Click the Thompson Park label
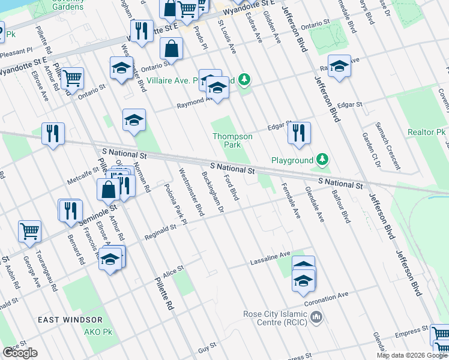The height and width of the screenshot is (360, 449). [232, 140]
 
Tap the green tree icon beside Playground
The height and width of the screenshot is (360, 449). [323, 160]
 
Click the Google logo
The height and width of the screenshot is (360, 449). [20, 353]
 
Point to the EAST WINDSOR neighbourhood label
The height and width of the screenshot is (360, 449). [70, 320]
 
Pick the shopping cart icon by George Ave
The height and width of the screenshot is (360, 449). [29, 230]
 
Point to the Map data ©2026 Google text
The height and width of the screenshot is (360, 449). [412, 355]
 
